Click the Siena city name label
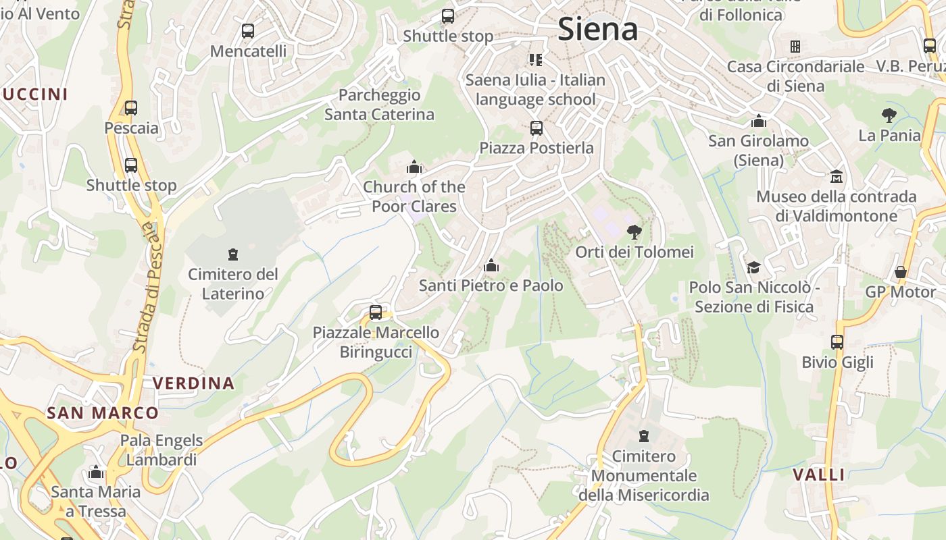tap(598, 29)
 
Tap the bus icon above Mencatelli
tap(248, 30)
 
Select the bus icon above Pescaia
tap(131, 107)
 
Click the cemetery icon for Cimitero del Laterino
tap(233, 254)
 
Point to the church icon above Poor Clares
tap(414, 167)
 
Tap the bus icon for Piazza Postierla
tap(537, 128)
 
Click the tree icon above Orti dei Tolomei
tap(634, 232)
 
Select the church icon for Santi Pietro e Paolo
tap(491, 266)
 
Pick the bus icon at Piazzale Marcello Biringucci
tap(376, 313)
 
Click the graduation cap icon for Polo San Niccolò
tap(753, 267)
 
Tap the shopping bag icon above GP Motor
tap(901, 272)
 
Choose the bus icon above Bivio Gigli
tap(837, 342)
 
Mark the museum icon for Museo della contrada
tap(837, 176)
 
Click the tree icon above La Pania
tap(889, 115)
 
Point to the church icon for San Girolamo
tap(759, 121)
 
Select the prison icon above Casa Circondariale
tap(795, 47)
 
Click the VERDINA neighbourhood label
tap(193, 383)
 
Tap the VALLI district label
tap(819, 475)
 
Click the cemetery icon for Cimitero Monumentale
tap(644, 436)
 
